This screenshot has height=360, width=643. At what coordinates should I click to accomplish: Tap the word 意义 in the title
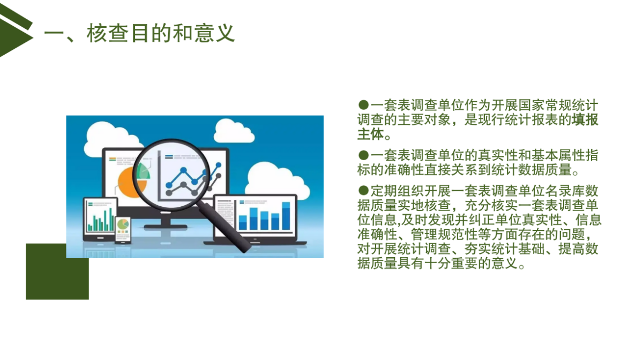[214, 33]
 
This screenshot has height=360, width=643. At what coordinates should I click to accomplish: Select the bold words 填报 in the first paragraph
[585, 119]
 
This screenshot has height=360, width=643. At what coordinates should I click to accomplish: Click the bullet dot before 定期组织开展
[363, 191]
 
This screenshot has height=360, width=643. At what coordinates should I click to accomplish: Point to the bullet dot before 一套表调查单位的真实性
[363, 155]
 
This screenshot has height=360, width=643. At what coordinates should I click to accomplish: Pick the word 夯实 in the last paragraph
[477, 249]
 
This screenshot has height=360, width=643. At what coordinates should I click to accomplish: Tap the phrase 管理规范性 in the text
[444, 235]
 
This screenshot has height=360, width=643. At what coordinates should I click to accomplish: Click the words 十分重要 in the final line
[451, 263]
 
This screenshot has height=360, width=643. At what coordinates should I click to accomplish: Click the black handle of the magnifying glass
[226, 227]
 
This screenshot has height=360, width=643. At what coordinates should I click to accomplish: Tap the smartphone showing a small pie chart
[123, 230]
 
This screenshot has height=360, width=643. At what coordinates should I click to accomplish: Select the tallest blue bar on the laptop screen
[286, 215]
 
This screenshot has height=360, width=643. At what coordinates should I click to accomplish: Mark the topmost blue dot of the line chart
[219, 165]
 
